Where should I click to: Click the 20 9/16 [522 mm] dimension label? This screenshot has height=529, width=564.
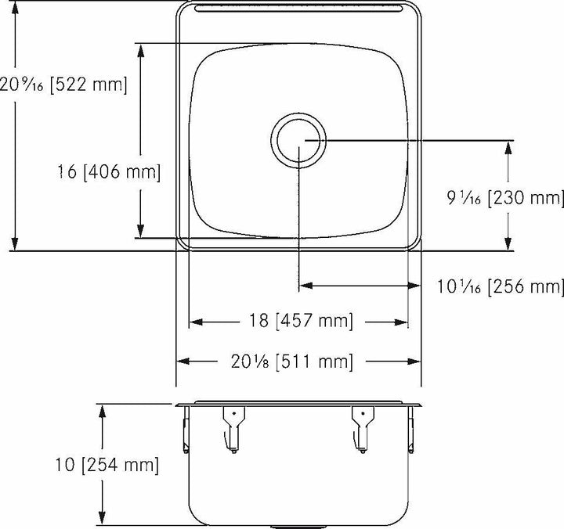tap(63, 84)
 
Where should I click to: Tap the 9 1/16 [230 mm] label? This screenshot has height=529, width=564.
tap(506, 199)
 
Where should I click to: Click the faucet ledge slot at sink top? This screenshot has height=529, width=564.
tap(298, 9)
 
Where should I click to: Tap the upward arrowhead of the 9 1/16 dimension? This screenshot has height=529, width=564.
tap(510, 149)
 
